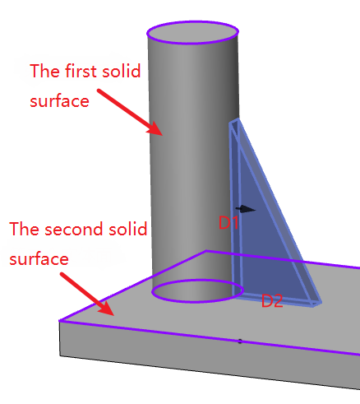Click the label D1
(228, 222)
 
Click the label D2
(272, 301)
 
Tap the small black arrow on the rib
(246, 209)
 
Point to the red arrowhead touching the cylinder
(155, 129)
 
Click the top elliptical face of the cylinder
(192, 32)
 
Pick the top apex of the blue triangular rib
(238, 118)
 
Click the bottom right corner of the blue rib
(321, 303)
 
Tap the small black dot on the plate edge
(240, 341)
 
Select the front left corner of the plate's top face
(60, 320)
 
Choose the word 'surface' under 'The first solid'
(59, 101)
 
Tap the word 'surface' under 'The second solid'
(39, 259)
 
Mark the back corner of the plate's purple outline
(206, 251)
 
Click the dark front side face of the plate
(208, 355)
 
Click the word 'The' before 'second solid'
(25, 229)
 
